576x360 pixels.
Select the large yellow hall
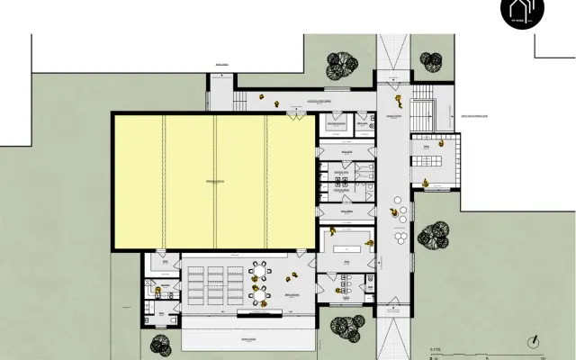coord(212,180)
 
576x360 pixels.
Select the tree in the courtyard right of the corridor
coord(433,235)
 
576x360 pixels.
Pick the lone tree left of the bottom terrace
coord(161,345)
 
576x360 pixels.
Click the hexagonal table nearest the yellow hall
coord(259,269)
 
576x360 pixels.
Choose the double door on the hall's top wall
coord(296,114)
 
